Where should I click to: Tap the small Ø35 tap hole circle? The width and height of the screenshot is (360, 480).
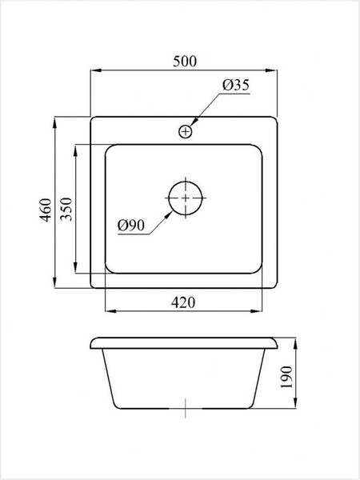(186, 130)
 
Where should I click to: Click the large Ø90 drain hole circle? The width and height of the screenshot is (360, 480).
(186, 196)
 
